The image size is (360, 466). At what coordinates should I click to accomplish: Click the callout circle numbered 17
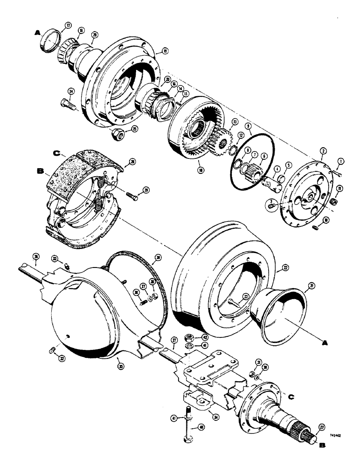[x=68, y=25]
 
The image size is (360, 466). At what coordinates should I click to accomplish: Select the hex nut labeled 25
[x=118, y=136]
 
